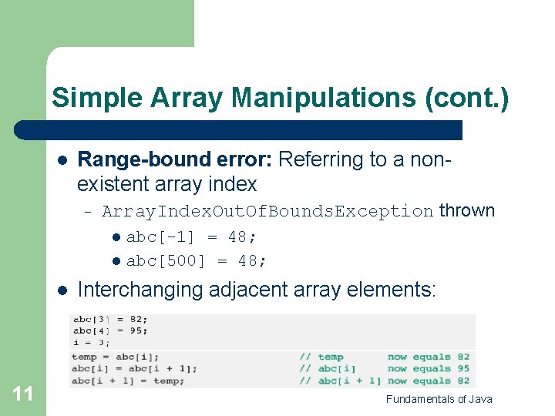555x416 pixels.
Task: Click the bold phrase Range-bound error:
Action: [x=175, y=159]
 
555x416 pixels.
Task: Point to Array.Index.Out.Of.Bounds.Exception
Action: [x=267, y=211]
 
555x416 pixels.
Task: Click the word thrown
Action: [x=467, y=210]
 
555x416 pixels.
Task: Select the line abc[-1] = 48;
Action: [x=192, y=237]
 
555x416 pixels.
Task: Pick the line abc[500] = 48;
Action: [x=197, y=261]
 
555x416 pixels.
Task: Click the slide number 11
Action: [x=23, y=394]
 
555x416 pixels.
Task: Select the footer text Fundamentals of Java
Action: [x=439, y=398]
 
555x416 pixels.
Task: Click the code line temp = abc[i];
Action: [x=115, y=357]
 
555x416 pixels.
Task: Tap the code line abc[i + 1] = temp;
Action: [x=128, y=381]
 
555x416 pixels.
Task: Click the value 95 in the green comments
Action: [x=462, y=368]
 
